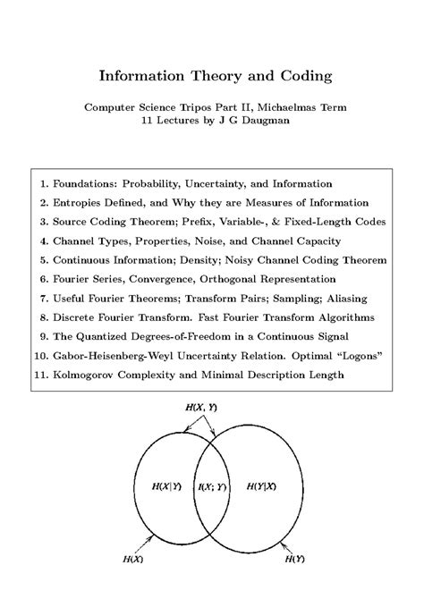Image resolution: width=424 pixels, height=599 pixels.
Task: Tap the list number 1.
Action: (44, 183)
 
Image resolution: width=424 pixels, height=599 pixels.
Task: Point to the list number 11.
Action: (40, 376)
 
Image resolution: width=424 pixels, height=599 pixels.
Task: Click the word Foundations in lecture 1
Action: (85, 183)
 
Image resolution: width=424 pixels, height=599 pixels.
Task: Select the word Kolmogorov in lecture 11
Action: (86, 376)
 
